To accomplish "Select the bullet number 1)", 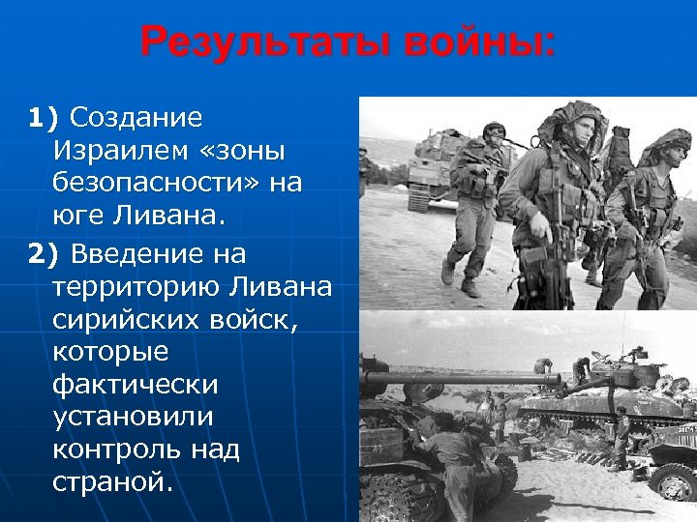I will click(x=44, y=118).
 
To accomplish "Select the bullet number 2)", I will click(x=44, y=254).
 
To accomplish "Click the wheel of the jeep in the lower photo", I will click(x=674, y=480).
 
